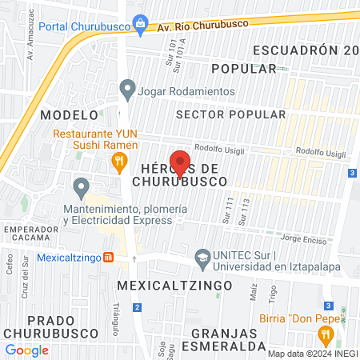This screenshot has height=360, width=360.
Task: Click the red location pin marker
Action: [180, 163]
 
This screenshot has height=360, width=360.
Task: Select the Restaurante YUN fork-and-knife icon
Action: [119, 163]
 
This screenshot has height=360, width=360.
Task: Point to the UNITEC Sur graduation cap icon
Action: [203, 258]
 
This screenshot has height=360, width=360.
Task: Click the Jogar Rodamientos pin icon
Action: [126, 91]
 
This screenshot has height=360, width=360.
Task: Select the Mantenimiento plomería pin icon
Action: [81, 188]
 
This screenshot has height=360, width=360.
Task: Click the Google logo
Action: [26, 350]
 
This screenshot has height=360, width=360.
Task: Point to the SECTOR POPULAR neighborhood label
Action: [230, 114]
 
